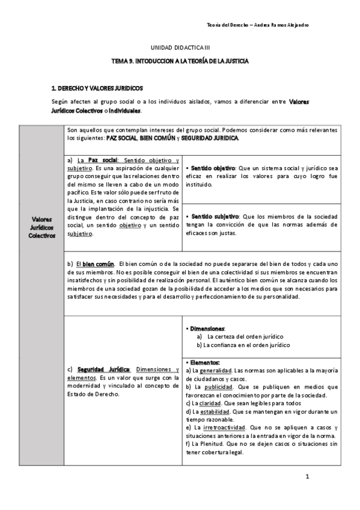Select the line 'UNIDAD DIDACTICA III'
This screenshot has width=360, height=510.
pos(180,47)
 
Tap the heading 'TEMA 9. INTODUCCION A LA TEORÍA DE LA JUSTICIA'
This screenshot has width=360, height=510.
pos(180,61)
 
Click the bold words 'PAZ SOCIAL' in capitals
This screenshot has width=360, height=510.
pos(121,138)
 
